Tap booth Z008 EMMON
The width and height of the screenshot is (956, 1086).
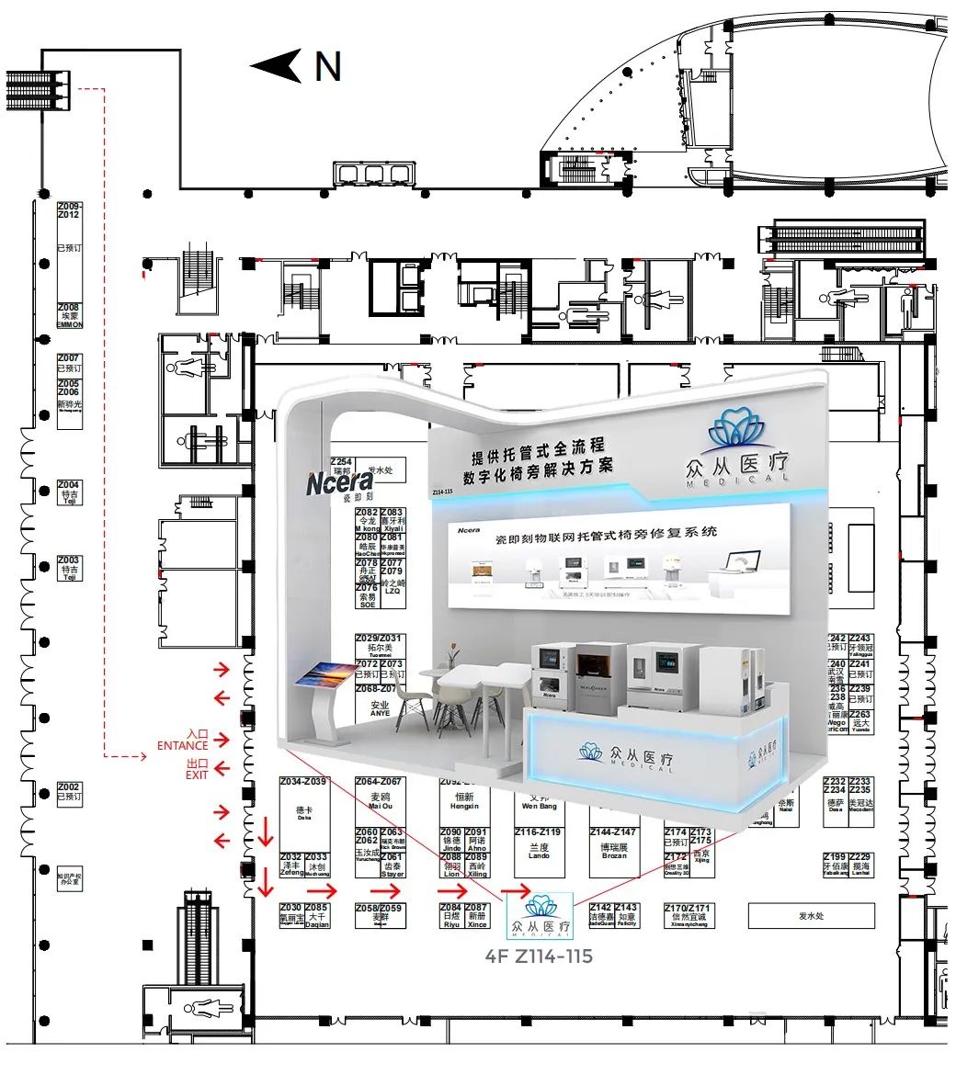[x=70, y=316]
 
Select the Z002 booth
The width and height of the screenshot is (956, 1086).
[x=69, y=793]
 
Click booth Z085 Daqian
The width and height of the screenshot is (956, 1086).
[x=316, y=915]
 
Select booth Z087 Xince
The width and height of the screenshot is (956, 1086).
[x=477, y=915]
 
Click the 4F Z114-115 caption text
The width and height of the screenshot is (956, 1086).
[x=539, y=956]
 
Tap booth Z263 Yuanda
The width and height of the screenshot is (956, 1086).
[x=860, y=720]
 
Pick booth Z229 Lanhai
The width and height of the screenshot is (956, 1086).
[x=861, y=865]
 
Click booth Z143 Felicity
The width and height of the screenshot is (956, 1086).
[x=627, y=915]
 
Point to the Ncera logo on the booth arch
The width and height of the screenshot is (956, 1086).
[x=340, y=481]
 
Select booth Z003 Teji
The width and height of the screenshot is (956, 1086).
[x=69, y=566]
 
